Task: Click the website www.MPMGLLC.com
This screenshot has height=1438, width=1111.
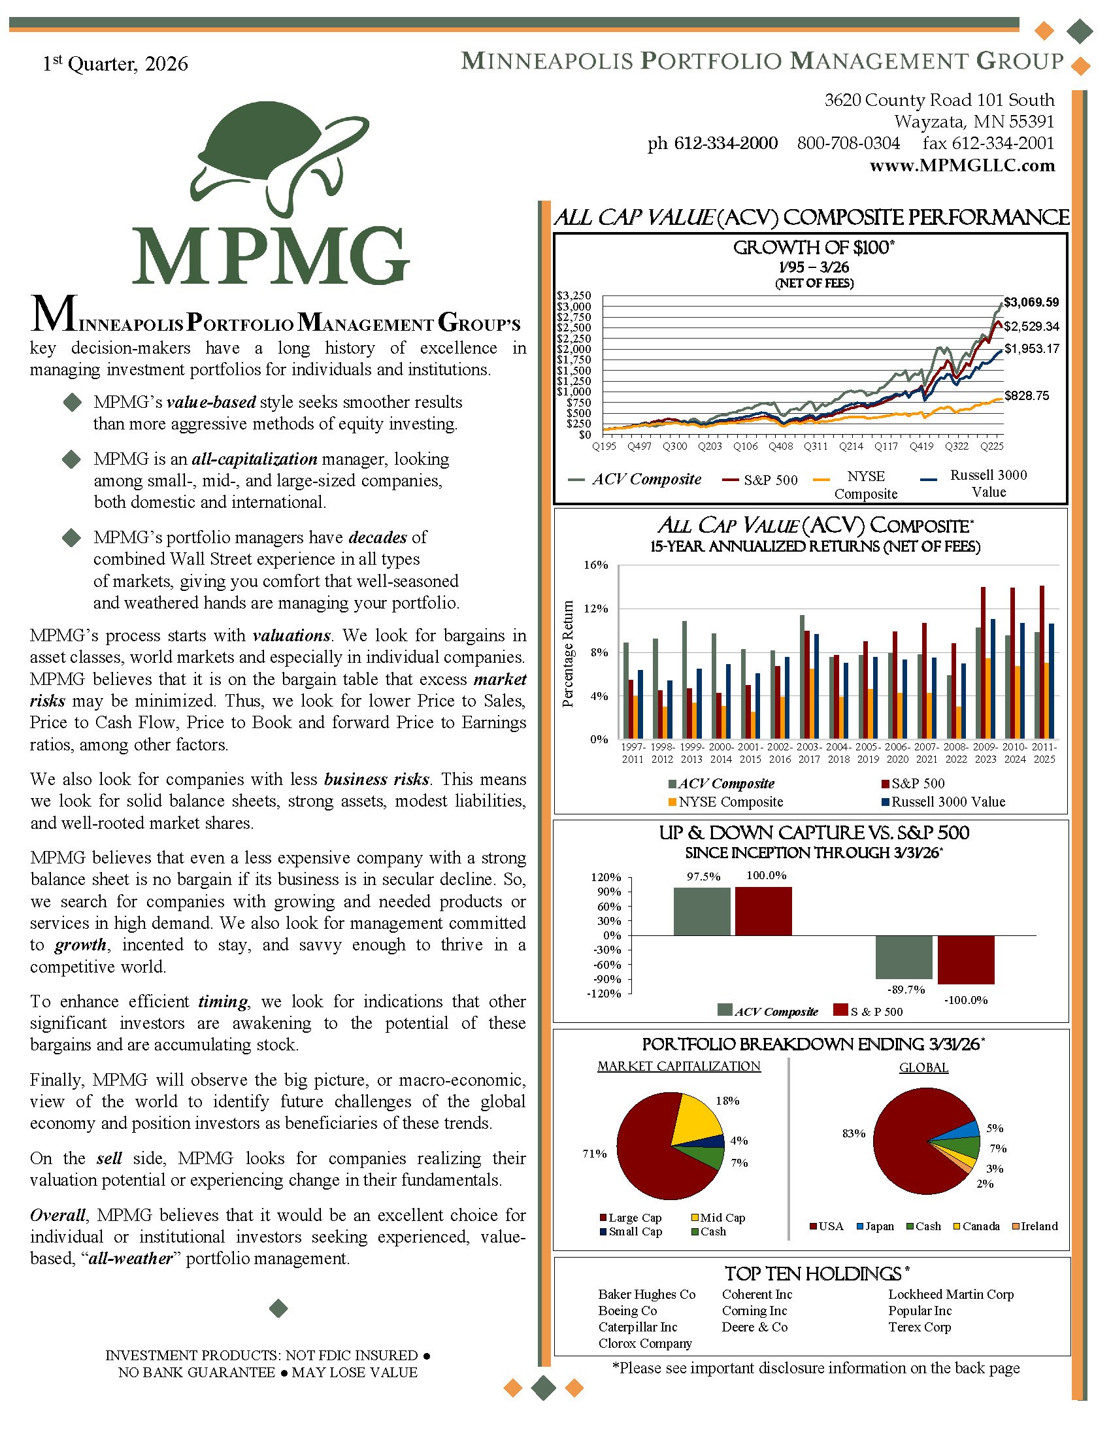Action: pyautogui.click(x=961, y=165)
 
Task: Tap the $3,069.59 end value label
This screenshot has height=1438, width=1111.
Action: pyautogui.click(x=1031, y=302)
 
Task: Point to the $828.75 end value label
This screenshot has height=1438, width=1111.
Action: pyautogui.click(x=1026, y=395)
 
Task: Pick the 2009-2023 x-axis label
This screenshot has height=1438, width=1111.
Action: pyautogui.click(x=986, y=752)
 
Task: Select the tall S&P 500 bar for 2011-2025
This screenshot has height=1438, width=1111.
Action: pyautogui.click(x=1042, y=661)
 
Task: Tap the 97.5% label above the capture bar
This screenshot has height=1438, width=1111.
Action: pyautogui.click(x=704, y=877)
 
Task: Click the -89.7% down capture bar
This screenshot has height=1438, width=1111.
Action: pyautogui.click(x=904, y=957)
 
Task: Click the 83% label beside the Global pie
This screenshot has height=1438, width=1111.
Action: pyautogui.click(x=854, y=1133)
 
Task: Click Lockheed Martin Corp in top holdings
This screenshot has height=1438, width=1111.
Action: pyautogui.click(x=950, y=1294)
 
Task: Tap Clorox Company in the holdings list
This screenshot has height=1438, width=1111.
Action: pyautogui.click(x=644, y=1343)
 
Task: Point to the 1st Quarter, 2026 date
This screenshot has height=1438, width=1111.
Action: pyautogui.click(x=115, y=64)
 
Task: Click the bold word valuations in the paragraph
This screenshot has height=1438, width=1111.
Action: pyautogui.click(x=291, y=635)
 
